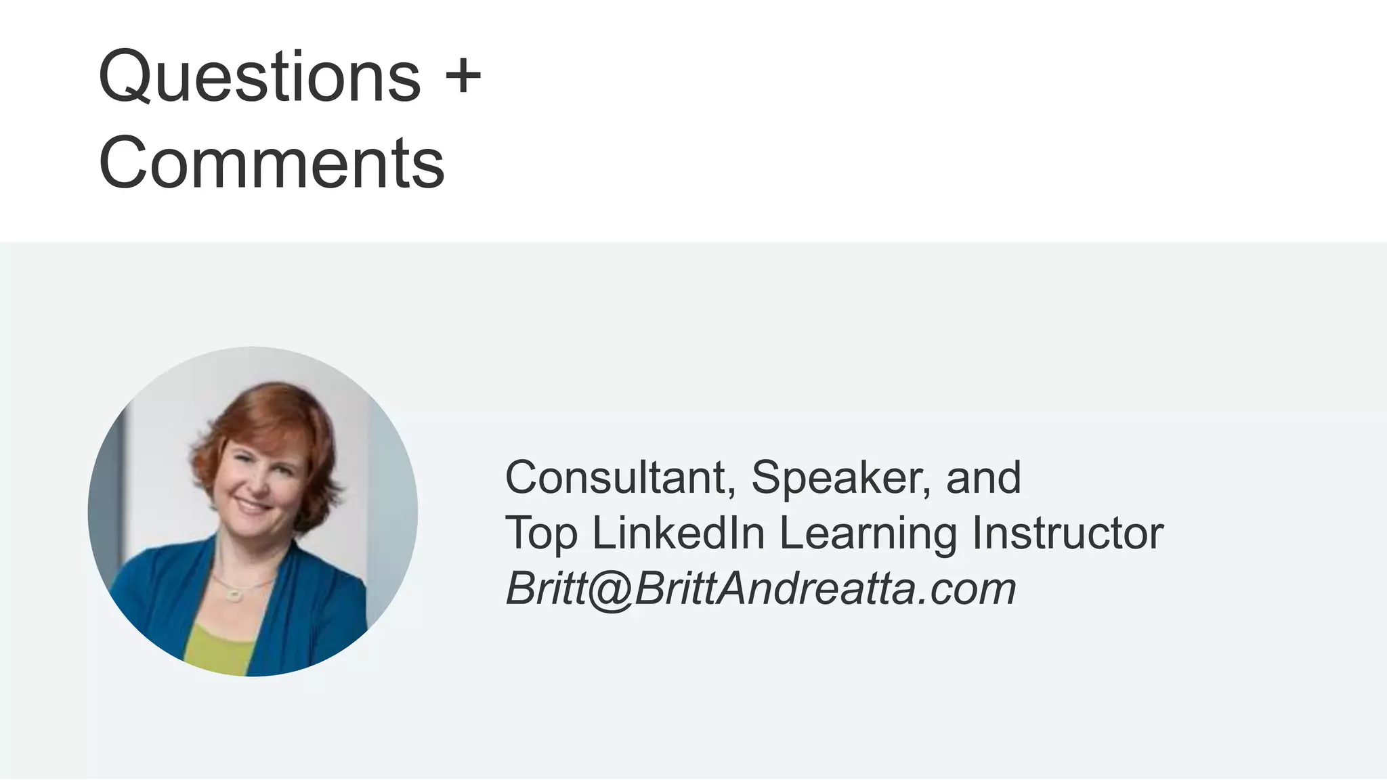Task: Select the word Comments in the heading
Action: pos(272,163)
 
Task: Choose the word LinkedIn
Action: pos(679,533)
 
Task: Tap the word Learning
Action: pos(868,534)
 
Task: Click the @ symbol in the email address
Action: pos(610,590)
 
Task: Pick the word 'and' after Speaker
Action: pos(983,478)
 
